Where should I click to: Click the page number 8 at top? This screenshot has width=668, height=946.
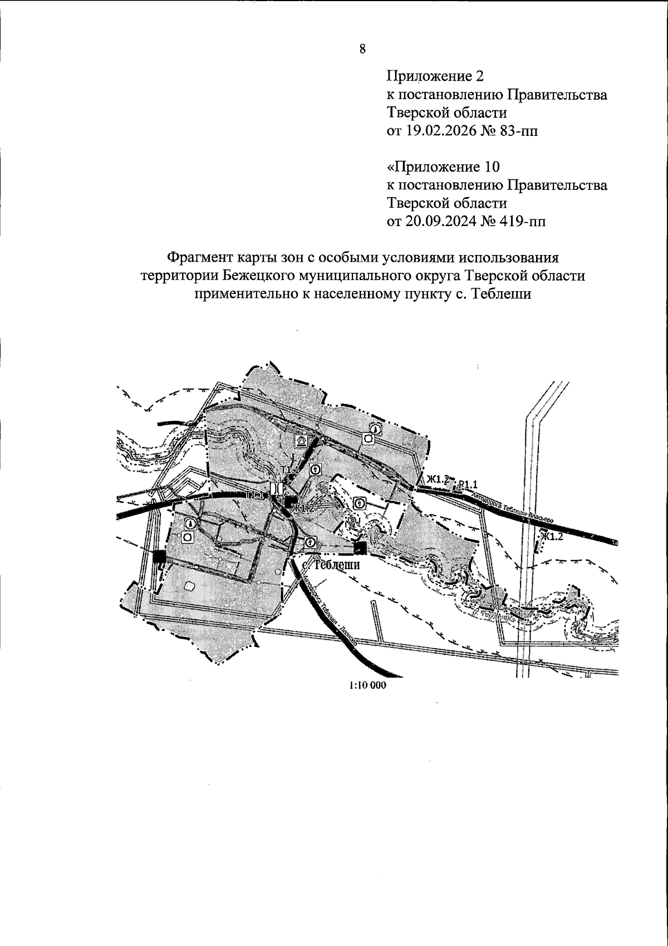click(x=362, y=49)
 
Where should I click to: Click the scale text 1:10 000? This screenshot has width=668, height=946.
click(x=367, y=685)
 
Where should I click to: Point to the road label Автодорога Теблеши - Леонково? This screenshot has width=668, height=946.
click(x=328, y=611)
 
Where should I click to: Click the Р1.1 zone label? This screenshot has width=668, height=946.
click(x=468, y=483)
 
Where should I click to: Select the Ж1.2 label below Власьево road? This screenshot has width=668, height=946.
click(x=553, y=536)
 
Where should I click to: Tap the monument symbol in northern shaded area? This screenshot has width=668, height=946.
click(x=301, y=441)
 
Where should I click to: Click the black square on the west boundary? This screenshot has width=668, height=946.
click(x=160, y=556)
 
